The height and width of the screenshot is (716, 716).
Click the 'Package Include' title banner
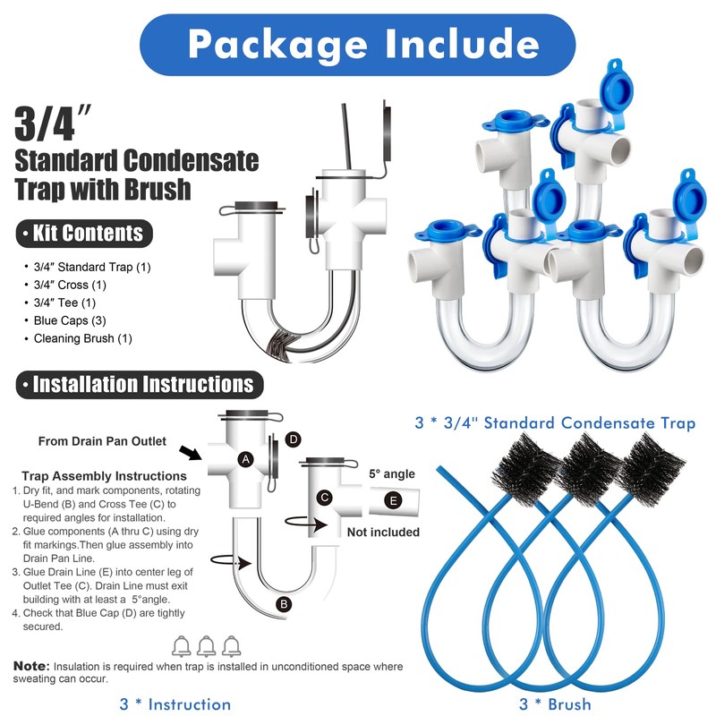[x=358, y=43]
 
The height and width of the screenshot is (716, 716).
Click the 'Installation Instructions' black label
[x=137, y=385]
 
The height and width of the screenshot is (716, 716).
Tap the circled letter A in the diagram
[x=243, y=458]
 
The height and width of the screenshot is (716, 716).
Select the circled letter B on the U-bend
[x=284, y=604]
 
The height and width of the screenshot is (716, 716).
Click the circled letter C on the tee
[x=326, y=497]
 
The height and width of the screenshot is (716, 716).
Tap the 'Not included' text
[x=383, y=532]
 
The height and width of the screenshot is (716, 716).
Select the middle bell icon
[x=207, y=644]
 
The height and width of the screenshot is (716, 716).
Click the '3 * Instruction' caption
[x=175, y=704]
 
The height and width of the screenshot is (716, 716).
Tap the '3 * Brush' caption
[x=555, y=704]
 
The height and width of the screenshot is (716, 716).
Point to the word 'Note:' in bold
[x=32, y=667]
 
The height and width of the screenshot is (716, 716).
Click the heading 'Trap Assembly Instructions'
[x=104, y=476]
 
